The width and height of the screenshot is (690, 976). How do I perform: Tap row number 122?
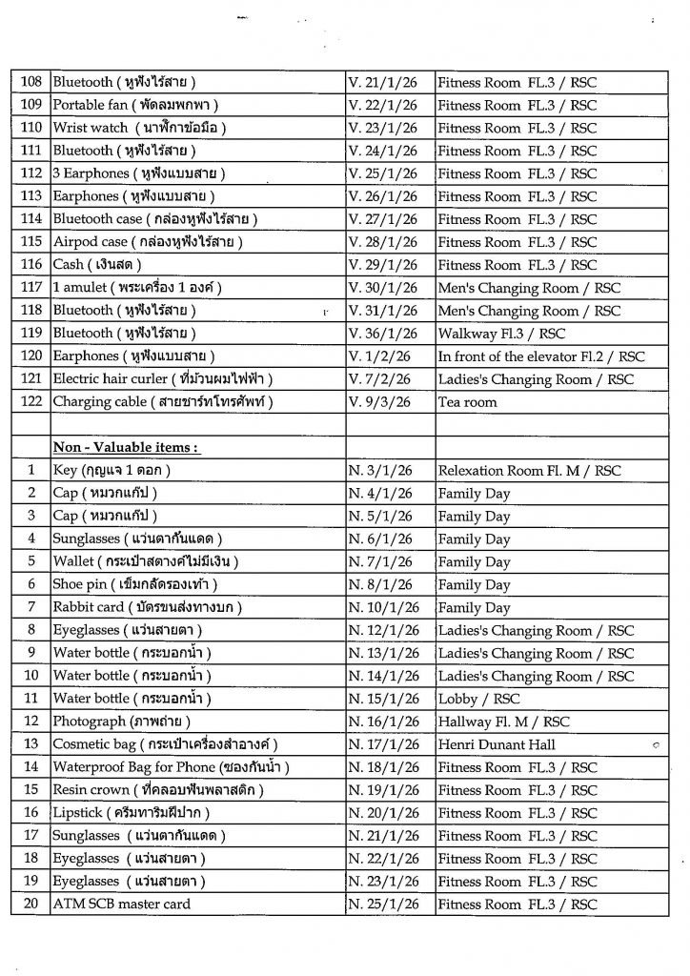30,402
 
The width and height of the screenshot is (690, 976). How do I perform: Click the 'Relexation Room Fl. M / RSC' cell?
529,471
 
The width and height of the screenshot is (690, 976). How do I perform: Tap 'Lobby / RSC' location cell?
473,699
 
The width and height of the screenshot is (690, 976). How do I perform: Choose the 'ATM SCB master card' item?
121,905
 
